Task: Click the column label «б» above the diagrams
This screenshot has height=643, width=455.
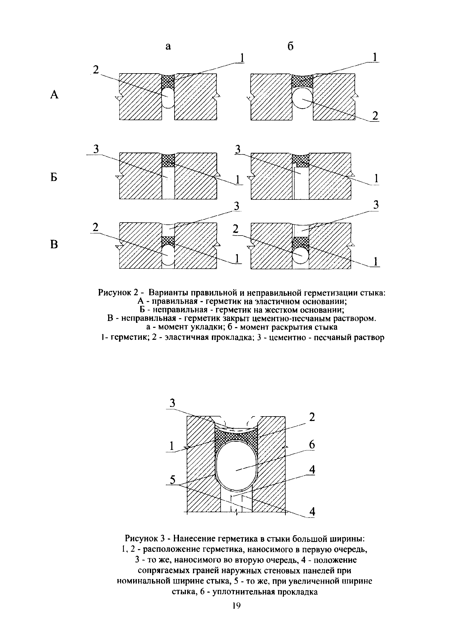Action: pyautogui.click(x=291, y=46)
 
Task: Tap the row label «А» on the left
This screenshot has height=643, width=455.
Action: pyautogui.click(x=54, y=95)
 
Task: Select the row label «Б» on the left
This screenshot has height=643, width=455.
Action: pyautogui.click(x=54, y=177)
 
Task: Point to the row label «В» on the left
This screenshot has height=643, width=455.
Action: pyautogui.click(x=54, y=245)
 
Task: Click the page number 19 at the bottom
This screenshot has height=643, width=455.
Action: pyautogui.click(x=236, y=606)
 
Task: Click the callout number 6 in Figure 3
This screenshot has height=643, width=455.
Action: pyautogui.click(x=312, y=445)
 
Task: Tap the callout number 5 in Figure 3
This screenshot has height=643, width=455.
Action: pyautogui.click(x=173, y=480)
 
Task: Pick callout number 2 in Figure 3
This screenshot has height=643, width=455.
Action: pyautogui.click(x=312, y=417)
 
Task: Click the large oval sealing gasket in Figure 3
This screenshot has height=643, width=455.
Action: pyautogui.click(x=237, y=465)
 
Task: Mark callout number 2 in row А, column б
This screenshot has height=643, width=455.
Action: pyautogui.click(x=375, y=115)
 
